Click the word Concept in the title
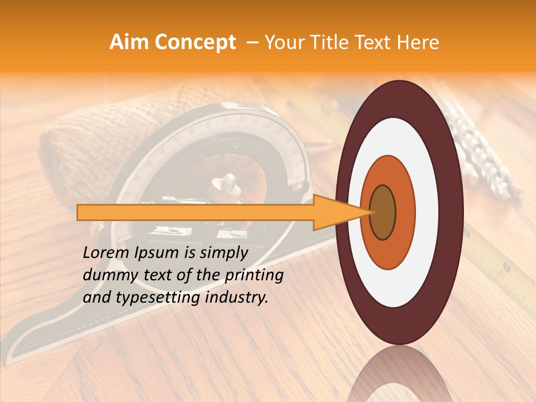click(195, 42)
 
